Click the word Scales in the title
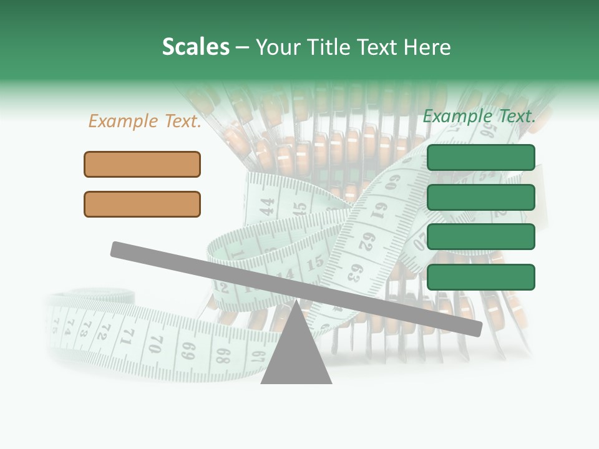(195, 47)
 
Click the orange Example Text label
(145, 122)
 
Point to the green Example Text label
(479, 116)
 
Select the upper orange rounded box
(142, 164)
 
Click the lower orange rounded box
(142, 204)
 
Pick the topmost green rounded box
(481, 157)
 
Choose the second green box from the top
(481, 197)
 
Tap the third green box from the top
(481, 236)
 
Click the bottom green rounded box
(481, 277)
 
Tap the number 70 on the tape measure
(156, 343)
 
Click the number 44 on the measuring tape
(267, 206)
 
